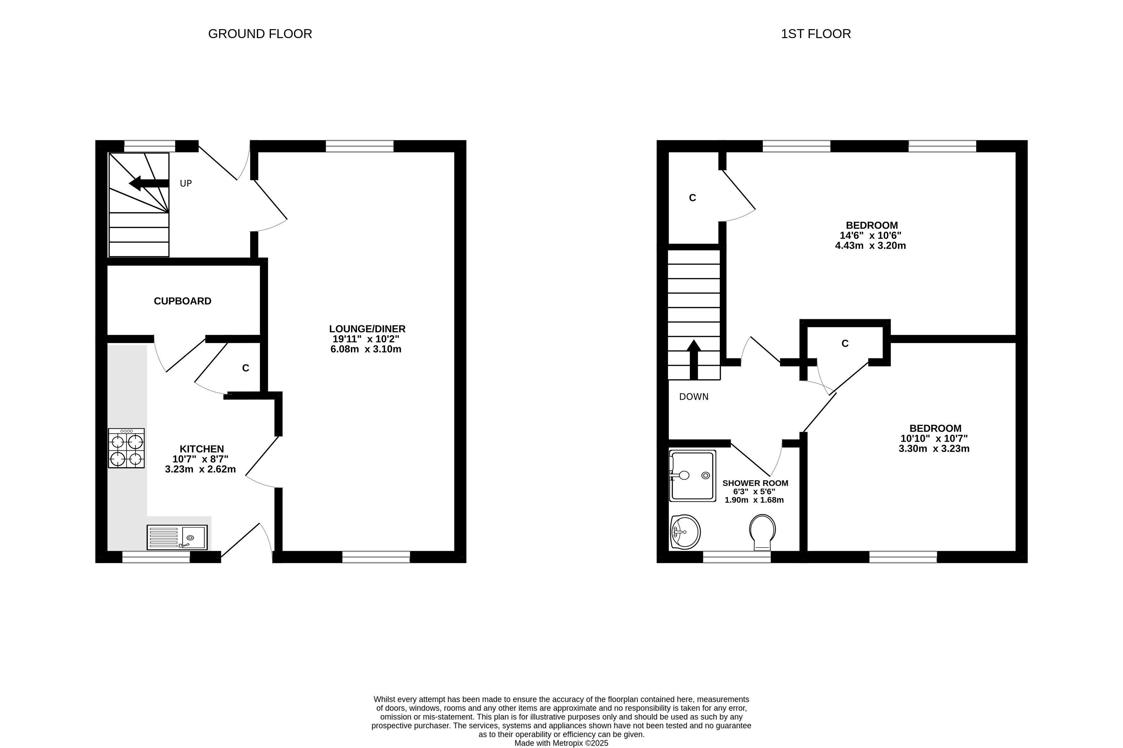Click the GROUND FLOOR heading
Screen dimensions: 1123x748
(x=260, y=34)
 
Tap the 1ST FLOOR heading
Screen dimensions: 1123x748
(x=816, y=34)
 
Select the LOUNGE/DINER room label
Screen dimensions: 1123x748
(x=367, y=329)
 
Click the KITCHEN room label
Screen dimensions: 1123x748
(x=202, y=449)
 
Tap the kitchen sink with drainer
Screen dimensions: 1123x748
(x=177, y=538)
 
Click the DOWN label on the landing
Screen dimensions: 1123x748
(x=694, y=397)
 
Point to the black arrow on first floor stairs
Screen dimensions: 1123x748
(x=694, y=359)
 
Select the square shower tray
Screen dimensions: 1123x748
(x=693, y=476)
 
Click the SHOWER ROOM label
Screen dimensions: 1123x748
(x=755, y=483)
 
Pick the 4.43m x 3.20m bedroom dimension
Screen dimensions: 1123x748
(x=870, y=246)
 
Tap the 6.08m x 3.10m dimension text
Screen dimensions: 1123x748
(x=366, y=349)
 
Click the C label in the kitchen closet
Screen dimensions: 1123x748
(x=246, y=368)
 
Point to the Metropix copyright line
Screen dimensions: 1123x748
(x=562, y=743)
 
